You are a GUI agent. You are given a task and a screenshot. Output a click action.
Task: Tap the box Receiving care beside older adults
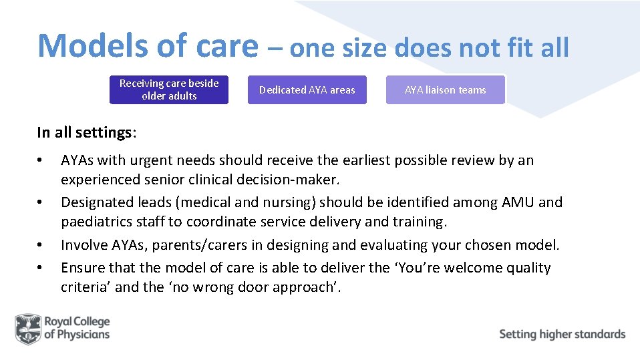pyautogui.click(x=169, y=89)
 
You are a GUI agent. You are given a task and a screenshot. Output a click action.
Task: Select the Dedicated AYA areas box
pyautogui.click(x=307, y=89)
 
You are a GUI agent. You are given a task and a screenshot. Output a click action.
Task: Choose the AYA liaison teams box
pyautogui.click(x=446, y=89)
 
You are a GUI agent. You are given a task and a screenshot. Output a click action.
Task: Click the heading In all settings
pyautogui.click(x=87, y=132)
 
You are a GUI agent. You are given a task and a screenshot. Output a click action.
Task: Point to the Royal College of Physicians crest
pyautogui.click(x=27, y=329)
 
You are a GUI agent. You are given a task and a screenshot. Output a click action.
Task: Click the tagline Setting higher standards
pyautogui.click(x=562, y=334)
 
